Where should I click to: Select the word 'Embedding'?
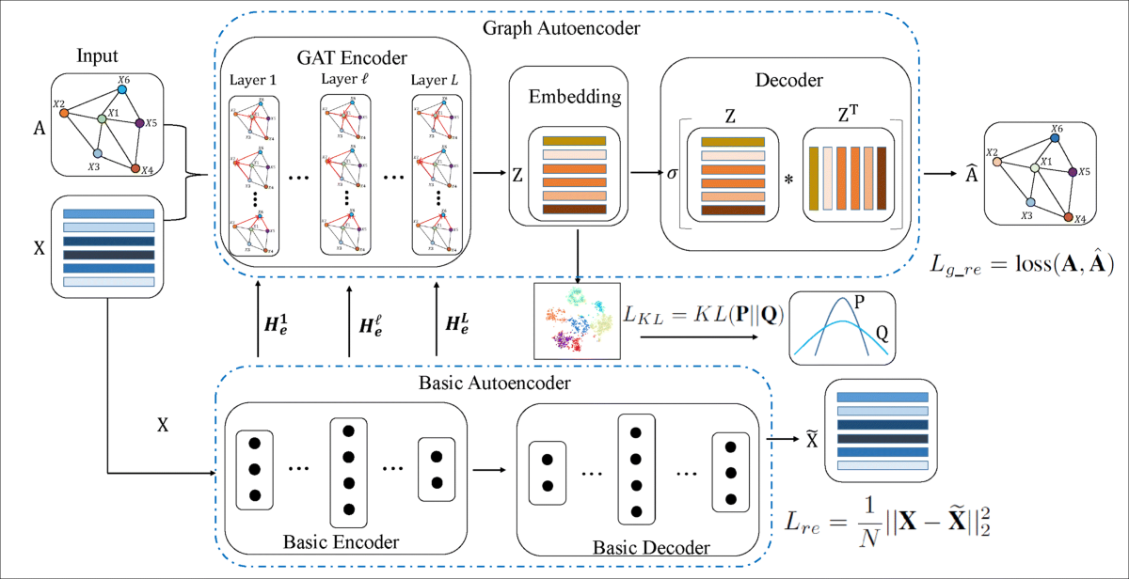click(x=563, y=98)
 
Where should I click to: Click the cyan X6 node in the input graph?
click(x=122, y=90)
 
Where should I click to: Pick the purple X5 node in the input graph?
click(x=139, y=123)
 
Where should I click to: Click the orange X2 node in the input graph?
click(x=64, y=113)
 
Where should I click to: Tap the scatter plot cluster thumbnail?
click(x=574, y=320)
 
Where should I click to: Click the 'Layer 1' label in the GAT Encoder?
click(x=253, y=80)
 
